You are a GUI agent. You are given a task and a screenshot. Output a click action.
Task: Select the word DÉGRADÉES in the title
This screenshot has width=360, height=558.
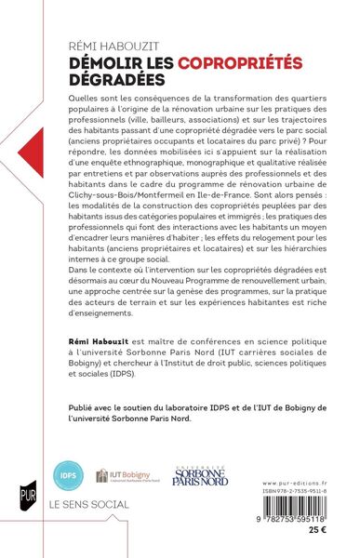pyautogui.click(x=109, y=80)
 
